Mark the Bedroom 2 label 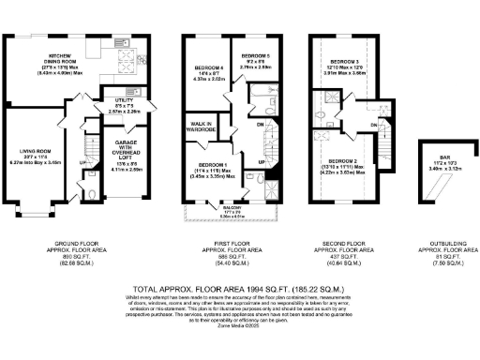342,165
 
